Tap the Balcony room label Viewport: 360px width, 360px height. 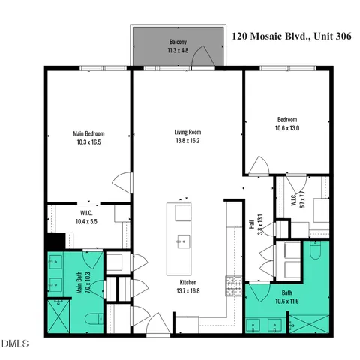point(178,47)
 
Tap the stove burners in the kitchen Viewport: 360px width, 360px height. point(231,284)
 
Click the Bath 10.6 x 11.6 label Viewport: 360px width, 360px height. point(287,297)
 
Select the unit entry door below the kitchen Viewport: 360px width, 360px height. point(158,324)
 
